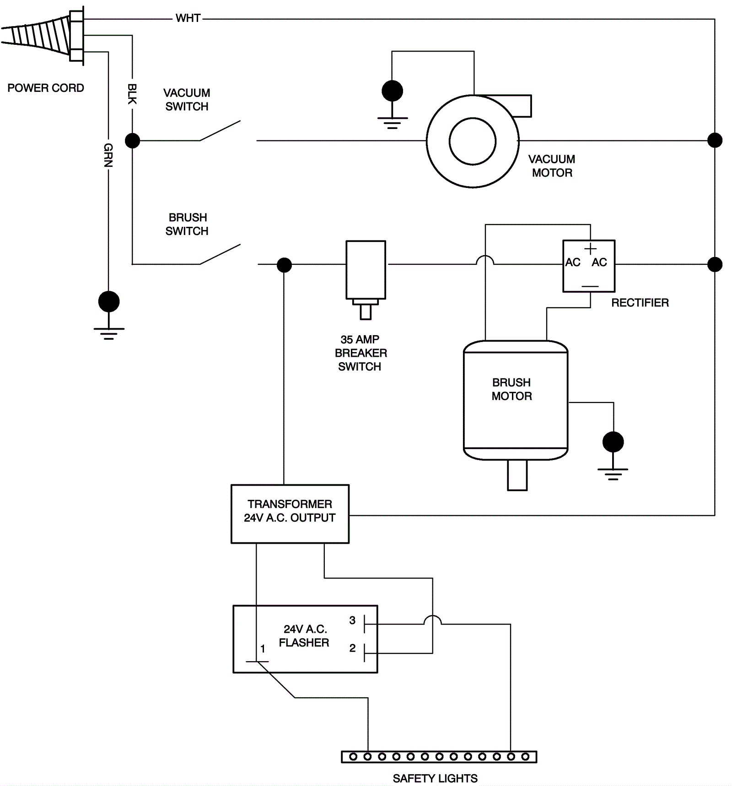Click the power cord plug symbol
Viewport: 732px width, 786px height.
[43, 36]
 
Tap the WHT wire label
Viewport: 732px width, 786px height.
[188, 18]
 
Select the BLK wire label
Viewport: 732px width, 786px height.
[132, 94]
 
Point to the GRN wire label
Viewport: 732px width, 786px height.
[108, 155]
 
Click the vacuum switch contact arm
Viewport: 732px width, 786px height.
[220, 131]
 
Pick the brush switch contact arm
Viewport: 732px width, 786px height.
[220, 254]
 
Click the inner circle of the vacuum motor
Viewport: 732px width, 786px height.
[473, 141]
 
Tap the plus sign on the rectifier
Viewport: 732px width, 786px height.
[590, 249]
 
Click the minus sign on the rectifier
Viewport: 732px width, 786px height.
[590, 287]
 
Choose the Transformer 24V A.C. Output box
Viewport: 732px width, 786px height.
[290, 513]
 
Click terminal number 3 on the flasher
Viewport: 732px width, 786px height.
[352, 620]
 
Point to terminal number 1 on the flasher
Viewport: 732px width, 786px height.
[263, 648]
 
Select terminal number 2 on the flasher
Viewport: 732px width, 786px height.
[352, 648]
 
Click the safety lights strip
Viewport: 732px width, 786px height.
[439, 757]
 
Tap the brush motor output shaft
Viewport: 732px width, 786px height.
[517, 476]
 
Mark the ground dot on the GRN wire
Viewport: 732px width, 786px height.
[109, 302]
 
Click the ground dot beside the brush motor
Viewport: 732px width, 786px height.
[613, 442]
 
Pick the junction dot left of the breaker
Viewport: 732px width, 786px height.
[284, 265]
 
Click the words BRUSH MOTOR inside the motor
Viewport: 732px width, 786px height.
[511, 389]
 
